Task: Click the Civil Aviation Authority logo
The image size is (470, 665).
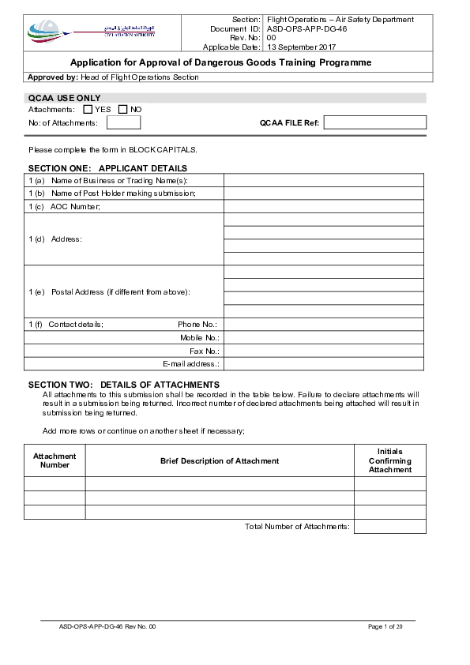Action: point(92,32)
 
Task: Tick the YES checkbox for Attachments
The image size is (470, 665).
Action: point(88,109)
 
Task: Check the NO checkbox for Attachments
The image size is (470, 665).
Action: point(123,109)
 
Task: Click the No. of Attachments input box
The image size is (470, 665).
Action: point(123,122)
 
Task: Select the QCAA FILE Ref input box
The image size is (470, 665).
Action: point(374,122)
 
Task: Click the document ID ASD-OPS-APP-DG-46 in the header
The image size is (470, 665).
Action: point(306,28)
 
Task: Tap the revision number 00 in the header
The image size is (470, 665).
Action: point(272,38)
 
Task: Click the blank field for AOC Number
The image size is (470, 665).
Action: point(324,206)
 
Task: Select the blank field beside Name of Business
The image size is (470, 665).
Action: point(324,179)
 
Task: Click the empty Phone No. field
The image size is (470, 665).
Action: point(324,324)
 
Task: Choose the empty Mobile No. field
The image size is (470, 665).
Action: point(324,337)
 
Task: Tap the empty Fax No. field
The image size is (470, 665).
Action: point(324,351)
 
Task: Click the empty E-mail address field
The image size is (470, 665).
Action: point(324,364)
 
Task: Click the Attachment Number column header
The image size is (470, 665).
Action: point(55,460)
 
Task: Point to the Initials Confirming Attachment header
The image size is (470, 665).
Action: point(389,460)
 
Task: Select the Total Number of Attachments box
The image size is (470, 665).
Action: point(389,526)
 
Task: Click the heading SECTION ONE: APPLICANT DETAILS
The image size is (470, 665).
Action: point(107,168)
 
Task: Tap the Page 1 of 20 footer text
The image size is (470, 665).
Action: point(385,626)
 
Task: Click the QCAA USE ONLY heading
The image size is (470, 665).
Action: point(64,98)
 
